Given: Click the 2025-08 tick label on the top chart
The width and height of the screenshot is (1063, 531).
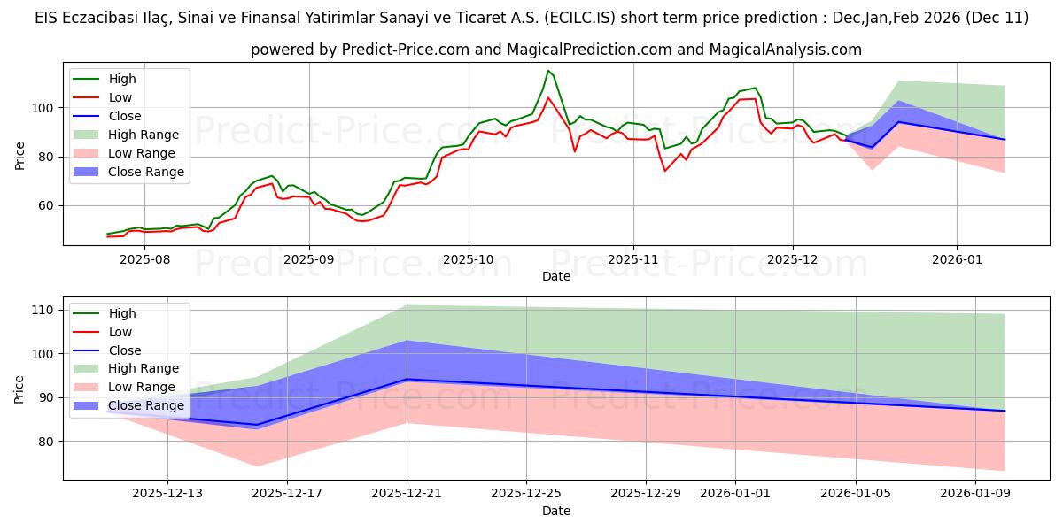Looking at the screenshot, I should tap(144, 259).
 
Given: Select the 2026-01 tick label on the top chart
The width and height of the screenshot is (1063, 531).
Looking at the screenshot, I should tap(957, 259).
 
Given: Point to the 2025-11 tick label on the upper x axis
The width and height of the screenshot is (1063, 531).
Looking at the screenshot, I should tap(632, 259).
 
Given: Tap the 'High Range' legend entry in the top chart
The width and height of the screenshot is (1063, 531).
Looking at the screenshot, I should tap(143, 135).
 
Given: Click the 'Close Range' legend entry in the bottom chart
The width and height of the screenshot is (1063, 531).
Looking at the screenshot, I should tap(146, 405).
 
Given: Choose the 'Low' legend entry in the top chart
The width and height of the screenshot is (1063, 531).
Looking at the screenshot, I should tap(120, 97).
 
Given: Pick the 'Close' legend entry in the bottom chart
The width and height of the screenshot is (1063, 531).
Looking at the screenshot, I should tap(124, 350).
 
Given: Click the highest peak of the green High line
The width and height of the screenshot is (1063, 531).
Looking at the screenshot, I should tap(548, 71).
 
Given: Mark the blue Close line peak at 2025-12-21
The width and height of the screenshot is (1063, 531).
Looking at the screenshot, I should tap(407, 379).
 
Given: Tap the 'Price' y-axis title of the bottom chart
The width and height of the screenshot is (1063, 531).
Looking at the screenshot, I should tap(20, 389).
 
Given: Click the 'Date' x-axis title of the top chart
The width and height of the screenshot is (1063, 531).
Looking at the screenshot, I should tap(555, 276).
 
